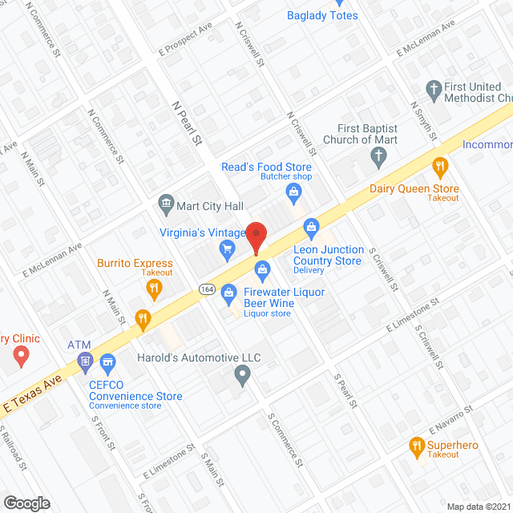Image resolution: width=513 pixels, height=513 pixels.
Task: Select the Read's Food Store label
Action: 266,167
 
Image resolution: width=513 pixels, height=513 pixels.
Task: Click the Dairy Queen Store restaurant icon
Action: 439,168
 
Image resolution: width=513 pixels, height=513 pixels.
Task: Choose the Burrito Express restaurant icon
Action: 155,287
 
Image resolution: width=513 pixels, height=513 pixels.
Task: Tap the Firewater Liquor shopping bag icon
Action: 228,293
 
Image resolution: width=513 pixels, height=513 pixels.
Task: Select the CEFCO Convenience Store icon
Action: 107,366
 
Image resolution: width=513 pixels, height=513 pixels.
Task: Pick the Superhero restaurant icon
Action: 417,446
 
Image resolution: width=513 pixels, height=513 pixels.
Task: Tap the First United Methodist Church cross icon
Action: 433,89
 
